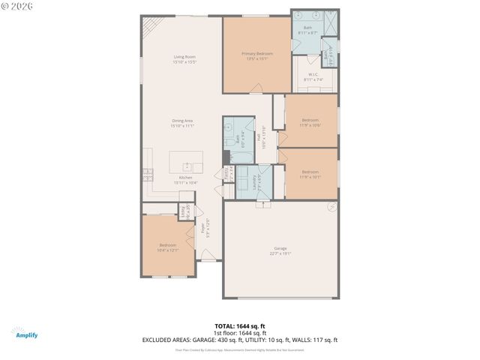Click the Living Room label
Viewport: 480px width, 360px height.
[184, 59]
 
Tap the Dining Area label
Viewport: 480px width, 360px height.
[182, 123]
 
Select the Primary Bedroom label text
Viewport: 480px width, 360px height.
[256, 55]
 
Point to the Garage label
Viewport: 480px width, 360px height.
[280, 250]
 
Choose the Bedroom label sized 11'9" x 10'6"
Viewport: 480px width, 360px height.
[310, 122]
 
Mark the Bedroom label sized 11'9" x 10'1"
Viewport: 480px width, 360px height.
[310, 175]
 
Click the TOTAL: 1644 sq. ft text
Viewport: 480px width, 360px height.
[240, 326]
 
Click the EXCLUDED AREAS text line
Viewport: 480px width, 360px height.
[240, 340]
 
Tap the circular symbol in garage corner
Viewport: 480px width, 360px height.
[330, 206]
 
